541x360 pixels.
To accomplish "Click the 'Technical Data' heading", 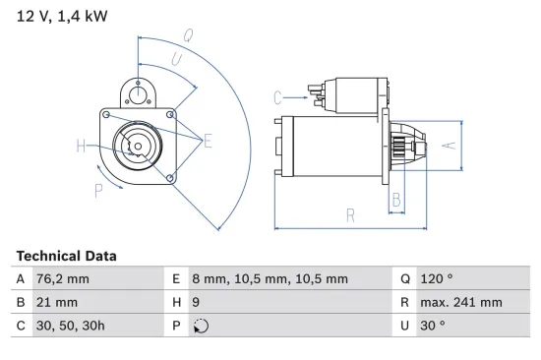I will pyautogui.click(x=66, y=256).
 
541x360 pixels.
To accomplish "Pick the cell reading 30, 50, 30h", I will pyautogui.click(x=71, y=325).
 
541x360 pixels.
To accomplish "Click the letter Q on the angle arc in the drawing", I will pyautogui.click(x=188, y=35).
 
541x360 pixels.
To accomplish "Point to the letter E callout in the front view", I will pyautogui.click(x=208, y=142).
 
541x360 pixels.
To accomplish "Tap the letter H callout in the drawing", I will pyautogui.click(x=81, y=148).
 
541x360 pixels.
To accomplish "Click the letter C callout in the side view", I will pyautogui.click(x=277, y=96).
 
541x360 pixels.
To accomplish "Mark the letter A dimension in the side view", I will pyautogui.click(x=448, y=145).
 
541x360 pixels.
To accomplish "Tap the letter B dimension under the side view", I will pyautogui.click(x=396, y=201).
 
